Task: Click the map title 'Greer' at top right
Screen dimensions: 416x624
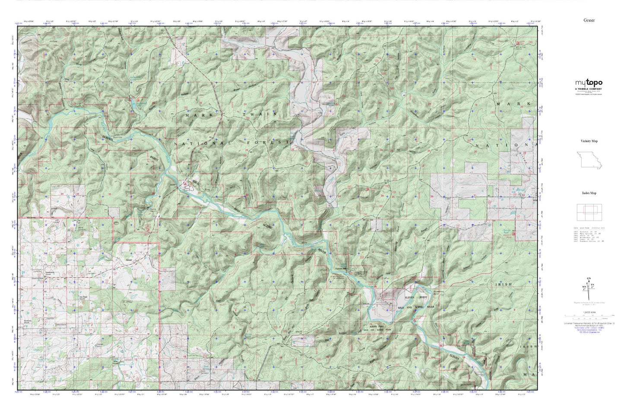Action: click(589, 20)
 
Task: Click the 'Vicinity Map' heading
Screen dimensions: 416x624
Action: click(589, 141)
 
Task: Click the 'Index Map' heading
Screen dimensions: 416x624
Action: click(589, 193)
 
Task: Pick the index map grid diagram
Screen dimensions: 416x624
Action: click(589, 212)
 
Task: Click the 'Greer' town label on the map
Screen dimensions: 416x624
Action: click(128, 260)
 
